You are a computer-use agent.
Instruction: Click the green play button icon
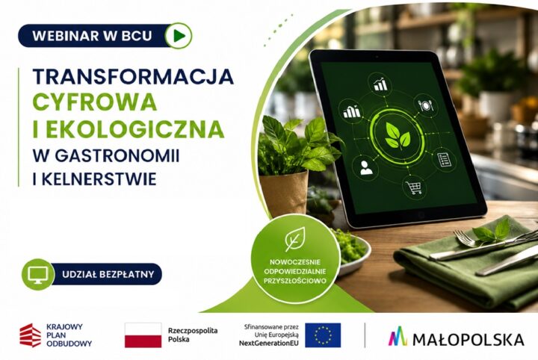point(179,35)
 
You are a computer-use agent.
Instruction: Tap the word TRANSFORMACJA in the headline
point(133,76)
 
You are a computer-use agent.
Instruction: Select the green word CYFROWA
point(95,102)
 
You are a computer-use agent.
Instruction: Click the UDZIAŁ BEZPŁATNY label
point(108,274)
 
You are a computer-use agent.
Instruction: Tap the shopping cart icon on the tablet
point(413,187)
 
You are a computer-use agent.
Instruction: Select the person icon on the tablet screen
point(366,167)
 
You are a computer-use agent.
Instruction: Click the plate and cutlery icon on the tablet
point(426,105)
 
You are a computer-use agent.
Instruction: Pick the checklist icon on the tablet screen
point(444,160)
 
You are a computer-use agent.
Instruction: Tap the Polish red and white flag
point(143,335)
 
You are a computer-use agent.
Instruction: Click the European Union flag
point(323,335)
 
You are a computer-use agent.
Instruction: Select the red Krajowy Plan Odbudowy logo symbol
point(31,335)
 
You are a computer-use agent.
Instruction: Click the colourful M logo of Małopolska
point(398,336)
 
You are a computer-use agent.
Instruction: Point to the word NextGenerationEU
point(269,343)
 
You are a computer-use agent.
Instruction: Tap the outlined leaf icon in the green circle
point(295,239)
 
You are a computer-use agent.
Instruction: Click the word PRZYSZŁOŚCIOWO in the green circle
point(294,281)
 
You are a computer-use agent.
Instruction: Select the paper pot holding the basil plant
point(283,193)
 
